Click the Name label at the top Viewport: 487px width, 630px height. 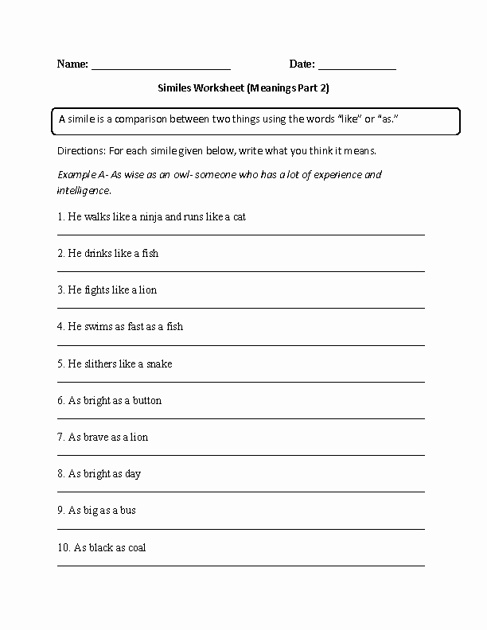[72, 64]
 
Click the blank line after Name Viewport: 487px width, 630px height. [161, 69]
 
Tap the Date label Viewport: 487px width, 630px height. [302, 64]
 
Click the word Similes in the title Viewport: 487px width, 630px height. [173, 90]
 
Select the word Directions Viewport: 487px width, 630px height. [81, 150]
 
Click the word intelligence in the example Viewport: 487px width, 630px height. [84, 191]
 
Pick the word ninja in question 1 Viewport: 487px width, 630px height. [149, 216]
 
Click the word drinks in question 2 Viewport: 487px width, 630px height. [99, 253]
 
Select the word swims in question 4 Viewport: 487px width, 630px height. [99, 326]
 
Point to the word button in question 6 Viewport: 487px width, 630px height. [146, 400]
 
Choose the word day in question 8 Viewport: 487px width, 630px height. [133, 474]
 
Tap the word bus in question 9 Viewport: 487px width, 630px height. [127, 511]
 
